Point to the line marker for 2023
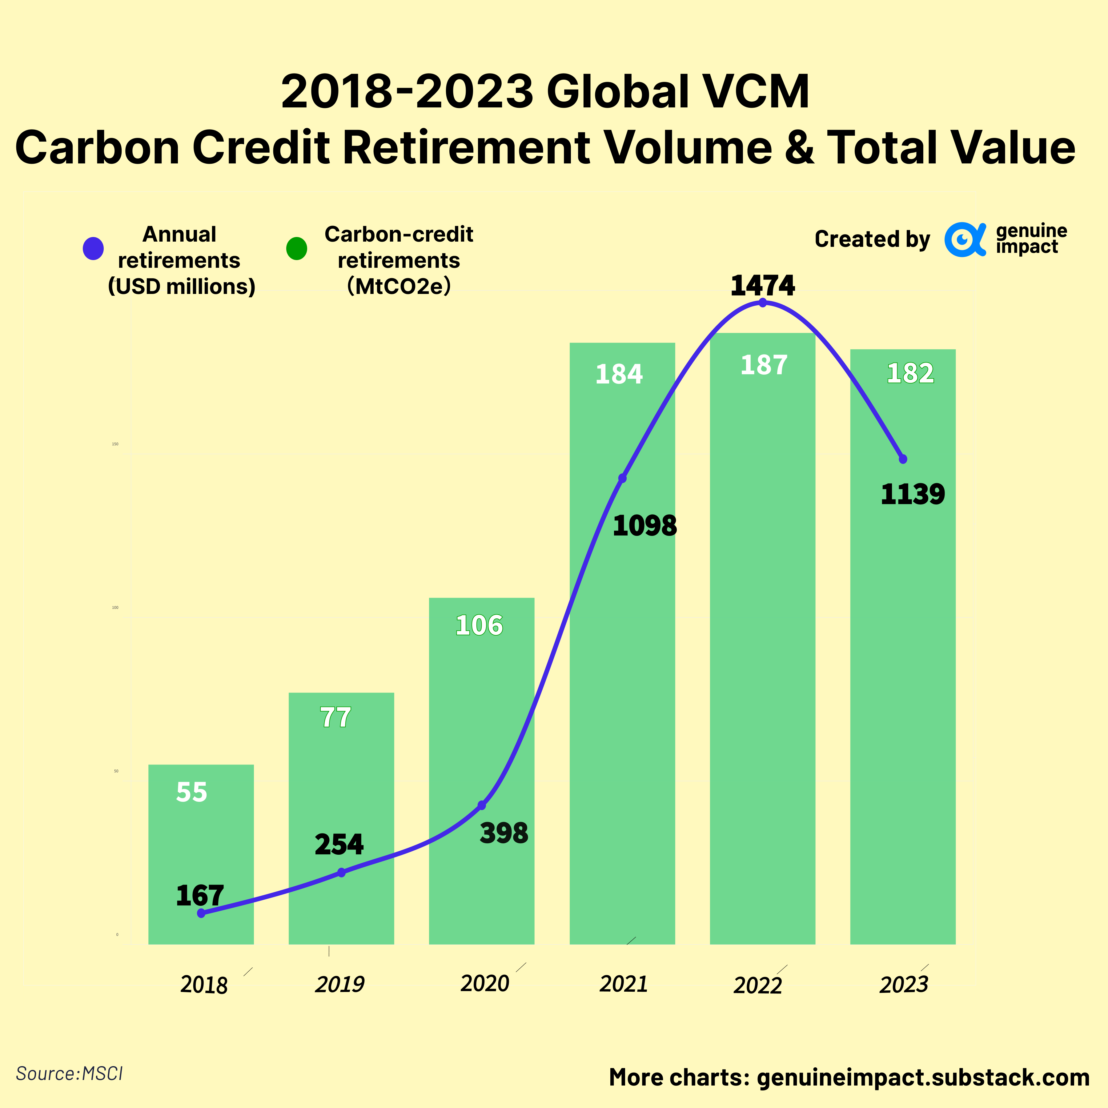point(903,459)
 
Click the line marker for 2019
point(341,872)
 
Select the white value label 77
point(335,717)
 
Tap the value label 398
point(504,833)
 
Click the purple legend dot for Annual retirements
point(93,248)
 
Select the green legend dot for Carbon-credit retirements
point(296,248)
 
